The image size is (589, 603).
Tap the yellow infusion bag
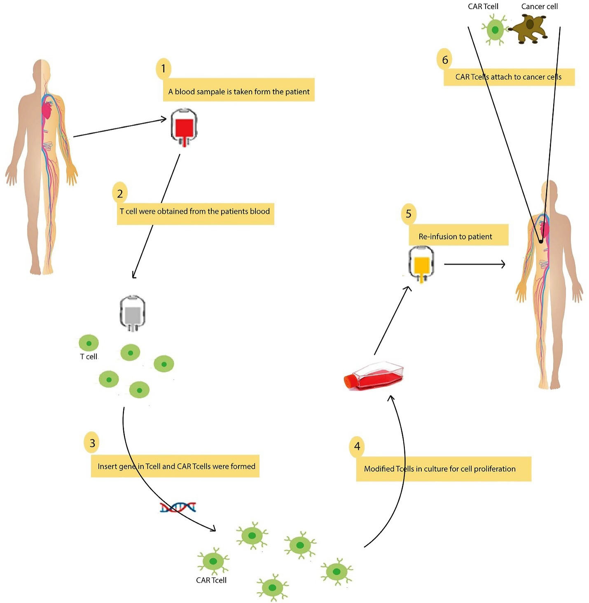click(421, 264)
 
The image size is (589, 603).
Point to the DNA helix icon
click(178, 507)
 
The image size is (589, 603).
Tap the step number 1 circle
click(164, 68)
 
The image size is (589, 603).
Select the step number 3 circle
click(92, 443)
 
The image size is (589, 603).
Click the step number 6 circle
click(445, 60)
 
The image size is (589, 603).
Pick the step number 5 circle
click(409, 214)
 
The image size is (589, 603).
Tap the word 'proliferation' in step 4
click(495, 469)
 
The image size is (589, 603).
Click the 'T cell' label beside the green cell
click(89, 357)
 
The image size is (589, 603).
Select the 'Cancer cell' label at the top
click(539, 7)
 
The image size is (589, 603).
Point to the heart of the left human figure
click(47, 110)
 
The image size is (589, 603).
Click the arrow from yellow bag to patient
click(474, 264)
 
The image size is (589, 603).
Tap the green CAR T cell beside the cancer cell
click(495, 30)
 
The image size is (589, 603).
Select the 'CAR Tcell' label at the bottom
click(211, 580)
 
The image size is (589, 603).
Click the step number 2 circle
click(120, 193)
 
